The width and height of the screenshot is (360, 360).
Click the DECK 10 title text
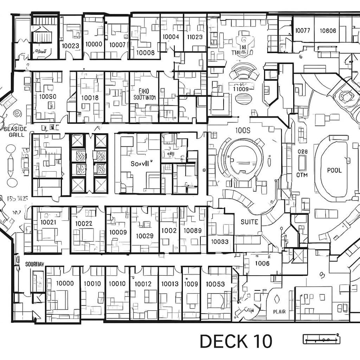[x=236, y=341]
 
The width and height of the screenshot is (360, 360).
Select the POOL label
[x=334, y=170]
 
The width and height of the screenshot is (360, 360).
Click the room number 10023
[x=70, y=46]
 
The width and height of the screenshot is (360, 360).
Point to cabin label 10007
[x=118, y=44]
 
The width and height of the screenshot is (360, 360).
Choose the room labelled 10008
[x=145, y=52]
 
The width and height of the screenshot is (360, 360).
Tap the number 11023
[x=195, y=37]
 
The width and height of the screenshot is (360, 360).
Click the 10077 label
[x=302, y=30]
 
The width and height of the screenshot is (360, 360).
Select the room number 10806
[x=328, y=30]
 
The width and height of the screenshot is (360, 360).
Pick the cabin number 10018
[x=90, y=97]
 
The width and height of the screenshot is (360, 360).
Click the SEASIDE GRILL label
[x=15, y=132]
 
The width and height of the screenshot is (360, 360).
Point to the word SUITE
[x=249, y=222]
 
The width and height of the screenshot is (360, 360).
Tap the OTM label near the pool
[x=302, y=175]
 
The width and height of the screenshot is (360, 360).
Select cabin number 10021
[x=48, y=222]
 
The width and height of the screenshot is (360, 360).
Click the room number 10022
[x=84, y=224]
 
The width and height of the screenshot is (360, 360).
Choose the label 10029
[x=144, y=236]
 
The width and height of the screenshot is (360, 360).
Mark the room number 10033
[x=220, y=241]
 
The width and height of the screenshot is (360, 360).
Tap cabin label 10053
[x=215, y=284]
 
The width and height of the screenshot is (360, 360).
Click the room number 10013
[x=170, y=284]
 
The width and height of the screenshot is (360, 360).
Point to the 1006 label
[x=262, y=263]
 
